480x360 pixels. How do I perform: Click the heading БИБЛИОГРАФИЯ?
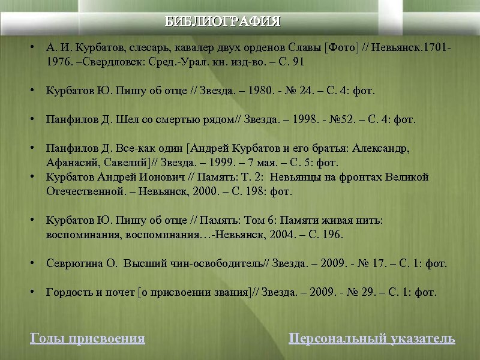coord(223,22)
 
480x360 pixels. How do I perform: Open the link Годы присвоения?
coord(88,338)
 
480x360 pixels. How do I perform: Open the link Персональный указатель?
coord(372,338)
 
